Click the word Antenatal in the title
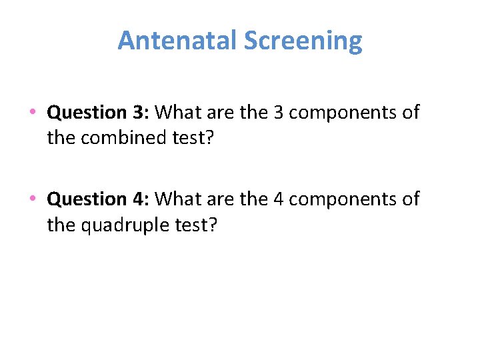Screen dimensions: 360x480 (177, 41)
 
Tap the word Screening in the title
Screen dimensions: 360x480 (303, 41)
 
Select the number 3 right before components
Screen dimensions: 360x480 (278, 112)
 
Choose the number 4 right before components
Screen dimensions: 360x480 (278, 199)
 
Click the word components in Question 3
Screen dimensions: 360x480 (343, 113)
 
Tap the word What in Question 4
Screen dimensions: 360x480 (180, 199)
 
